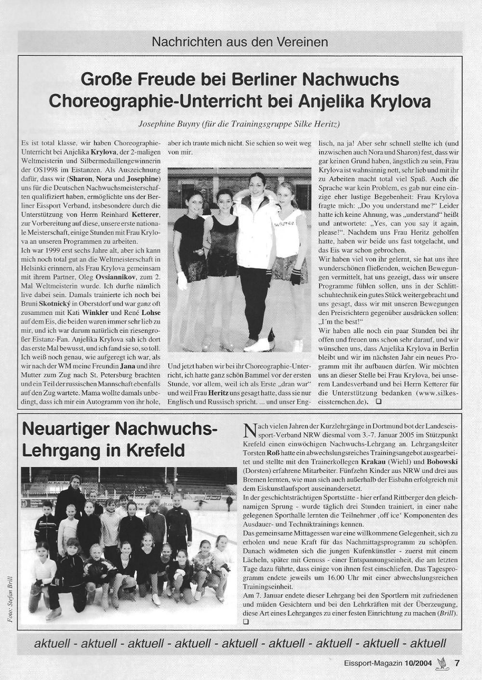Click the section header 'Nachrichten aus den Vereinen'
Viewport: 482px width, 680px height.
pyautogui.click(x=240, y=42)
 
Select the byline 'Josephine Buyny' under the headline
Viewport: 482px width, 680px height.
pyautogui.click(x=162, y=124)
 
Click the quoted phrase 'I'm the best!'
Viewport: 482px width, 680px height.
pyautogui.click(x=336, y=321)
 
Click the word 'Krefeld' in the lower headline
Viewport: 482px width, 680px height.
pyautogui.click(x=157, y=450)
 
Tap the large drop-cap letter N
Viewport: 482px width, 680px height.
pyautogui.click(x=249, y=430)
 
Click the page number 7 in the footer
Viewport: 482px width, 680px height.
pyautogui.click(x=457, y=663)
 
